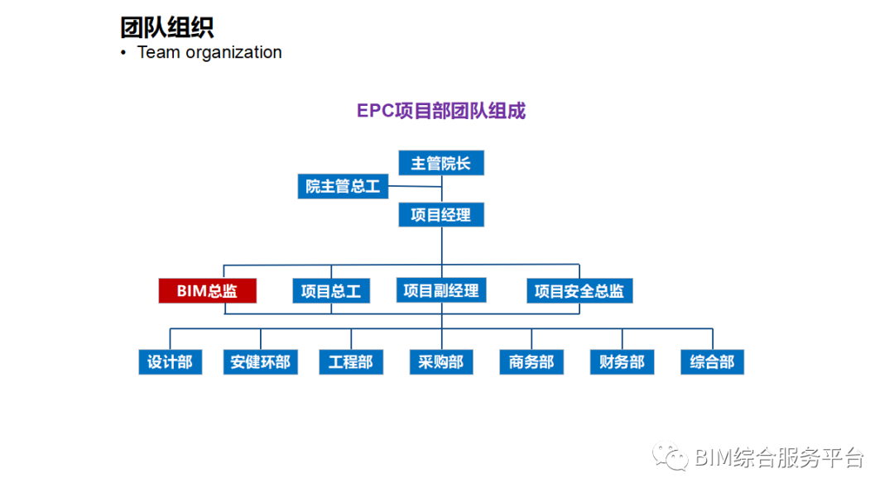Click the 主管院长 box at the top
point(440,163)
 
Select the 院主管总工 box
point(343,186)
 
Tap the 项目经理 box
point(440,215)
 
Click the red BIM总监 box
point(207,290)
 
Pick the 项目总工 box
point(331,290)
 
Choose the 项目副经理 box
point(440,289)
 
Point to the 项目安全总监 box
point(579,290)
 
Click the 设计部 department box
point(170,362)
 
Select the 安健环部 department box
point(261,362)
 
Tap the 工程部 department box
point(351,362)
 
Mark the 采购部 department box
point(441,362)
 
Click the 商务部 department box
point(531,362)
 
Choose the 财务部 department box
point(622,362)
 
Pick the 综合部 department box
point(712,362)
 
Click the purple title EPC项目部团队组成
point(441,111)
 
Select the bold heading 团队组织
point(167,26)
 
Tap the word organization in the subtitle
point(233,52)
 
